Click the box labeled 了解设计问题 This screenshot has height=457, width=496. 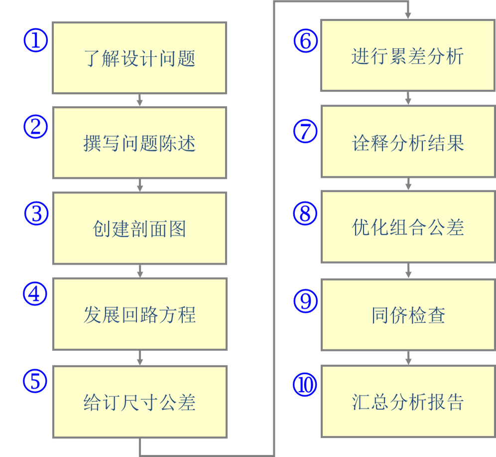coord(139,58)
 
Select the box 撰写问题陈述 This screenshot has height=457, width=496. coord(139,143)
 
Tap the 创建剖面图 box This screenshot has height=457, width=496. coord(139,229)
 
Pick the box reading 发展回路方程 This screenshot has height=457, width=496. coord(139,314)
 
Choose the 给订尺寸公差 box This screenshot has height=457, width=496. coord(139,402)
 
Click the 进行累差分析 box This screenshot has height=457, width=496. coord(407,55)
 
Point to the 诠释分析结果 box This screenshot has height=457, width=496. coord(407,142)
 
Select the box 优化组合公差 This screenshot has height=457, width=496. coord(407,227)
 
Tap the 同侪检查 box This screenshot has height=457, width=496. coord(407,315)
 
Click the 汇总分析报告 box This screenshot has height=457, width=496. coord(407,401)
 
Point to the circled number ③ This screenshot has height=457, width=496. coord(36,213)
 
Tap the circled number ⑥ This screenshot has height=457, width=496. coord(305,40)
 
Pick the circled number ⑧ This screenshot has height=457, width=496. coord(305,213)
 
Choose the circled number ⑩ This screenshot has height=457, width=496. coord(305,385)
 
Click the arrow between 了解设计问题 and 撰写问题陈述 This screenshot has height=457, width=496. coord(140,100)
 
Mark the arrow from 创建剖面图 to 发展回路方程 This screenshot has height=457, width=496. coord(140,271)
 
